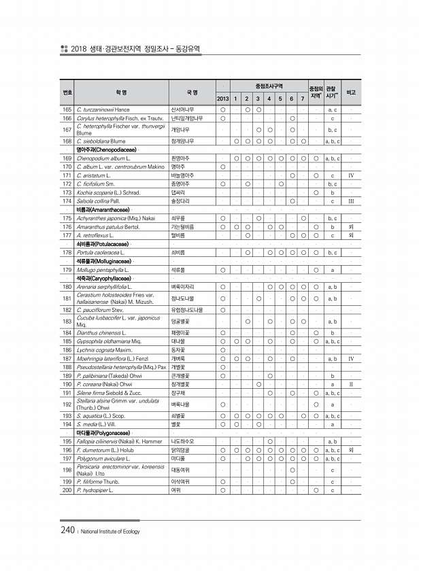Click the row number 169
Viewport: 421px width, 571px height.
coord(67,158)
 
